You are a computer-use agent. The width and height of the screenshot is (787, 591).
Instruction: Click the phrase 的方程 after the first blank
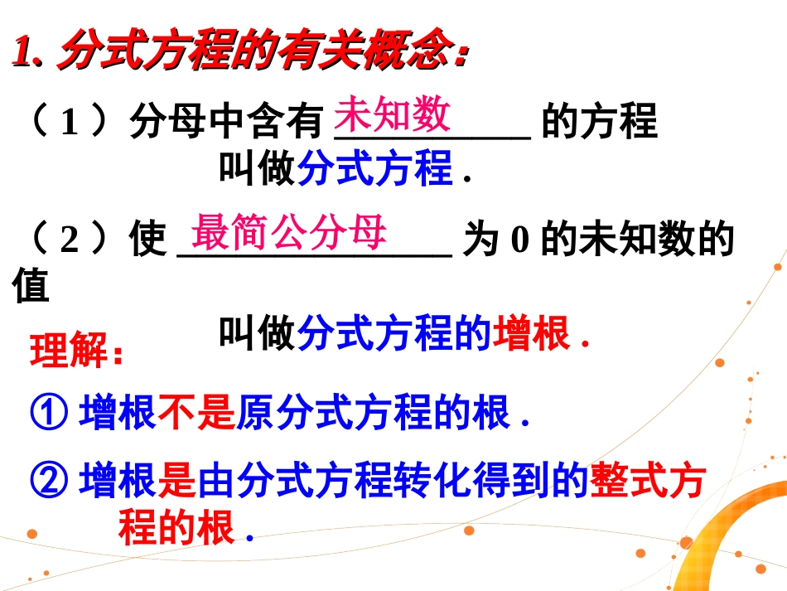click(x=599, y=123)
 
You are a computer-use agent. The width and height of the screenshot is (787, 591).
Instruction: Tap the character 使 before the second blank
click(x=147, y=240)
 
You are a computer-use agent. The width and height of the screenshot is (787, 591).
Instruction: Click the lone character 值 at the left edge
click(x=31, y=286)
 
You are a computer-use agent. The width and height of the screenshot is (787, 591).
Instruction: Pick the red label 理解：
click(x=77, y=352)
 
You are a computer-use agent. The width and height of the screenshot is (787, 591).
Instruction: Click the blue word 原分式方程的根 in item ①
click(x=373, y=412)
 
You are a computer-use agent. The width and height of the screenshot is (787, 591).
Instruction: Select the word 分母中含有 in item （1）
click(x=224, y=123)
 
